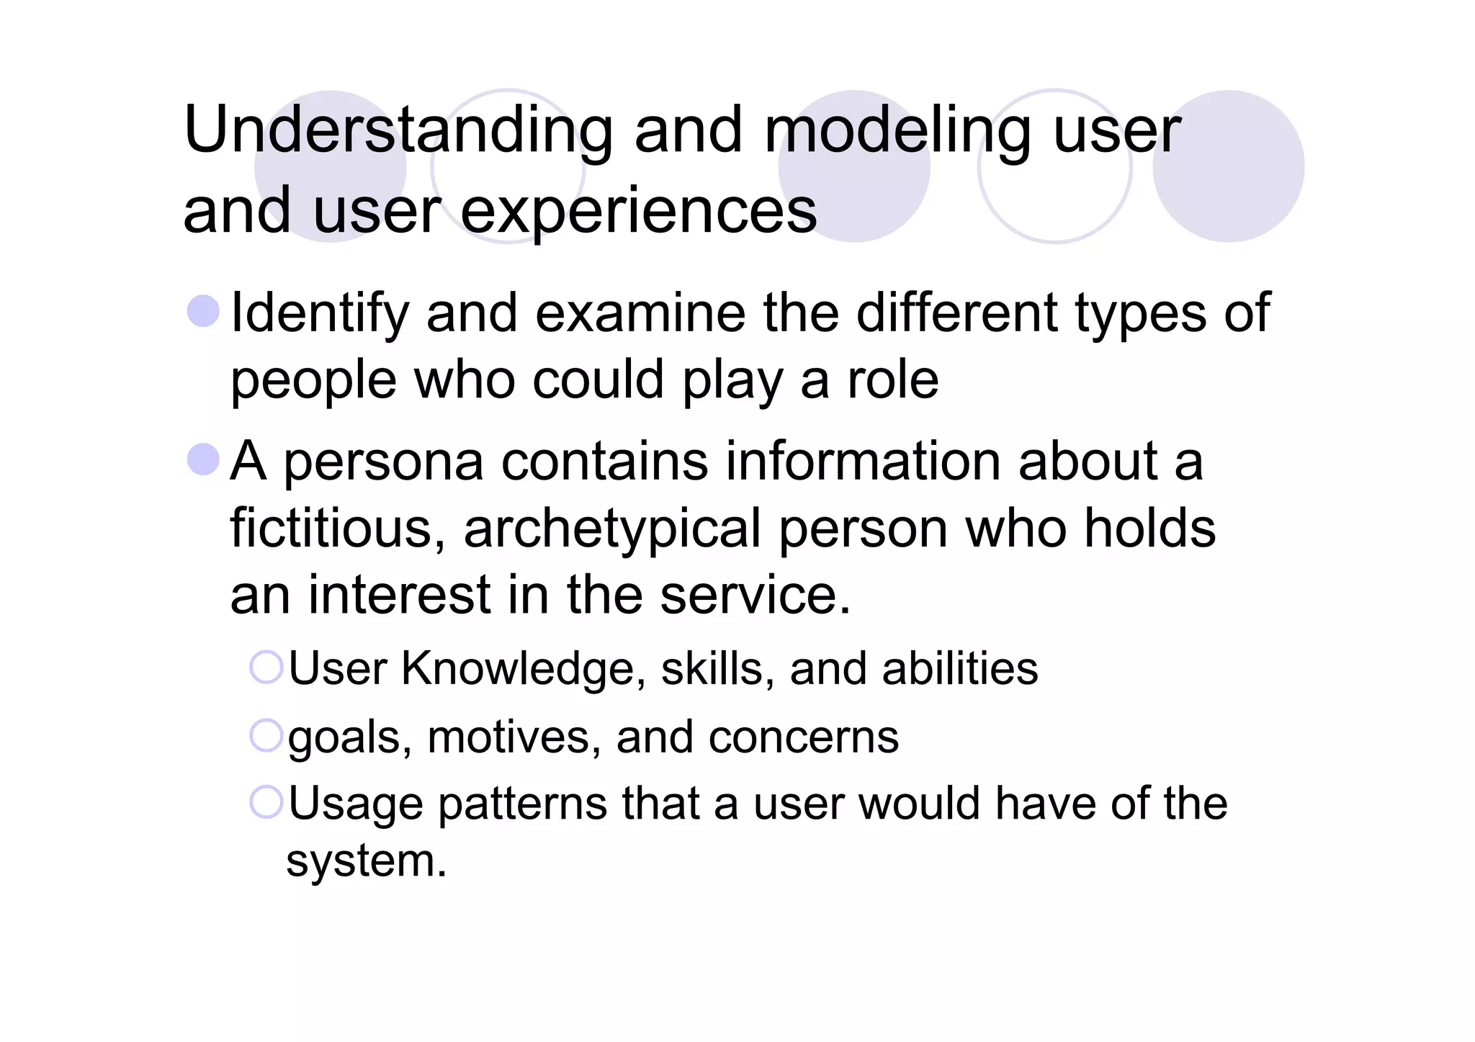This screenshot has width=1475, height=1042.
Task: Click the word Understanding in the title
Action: (398, 130)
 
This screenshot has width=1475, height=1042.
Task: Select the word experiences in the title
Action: (638, 211)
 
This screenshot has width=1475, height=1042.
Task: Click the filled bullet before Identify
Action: (202, 311)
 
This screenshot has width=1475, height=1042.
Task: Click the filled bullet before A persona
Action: (202, 459)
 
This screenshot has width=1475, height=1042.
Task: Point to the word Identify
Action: (319, 314)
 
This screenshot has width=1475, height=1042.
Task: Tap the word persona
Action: (383, 462)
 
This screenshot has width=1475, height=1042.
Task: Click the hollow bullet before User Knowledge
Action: (266, 668)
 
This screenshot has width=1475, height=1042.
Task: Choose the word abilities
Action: (959, 669)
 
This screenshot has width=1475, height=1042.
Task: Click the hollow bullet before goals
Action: (266, 735)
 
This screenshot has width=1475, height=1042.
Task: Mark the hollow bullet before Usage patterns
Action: (266, 802)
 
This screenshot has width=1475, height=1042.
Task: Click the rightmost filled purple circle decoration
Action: (1228, 166)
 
